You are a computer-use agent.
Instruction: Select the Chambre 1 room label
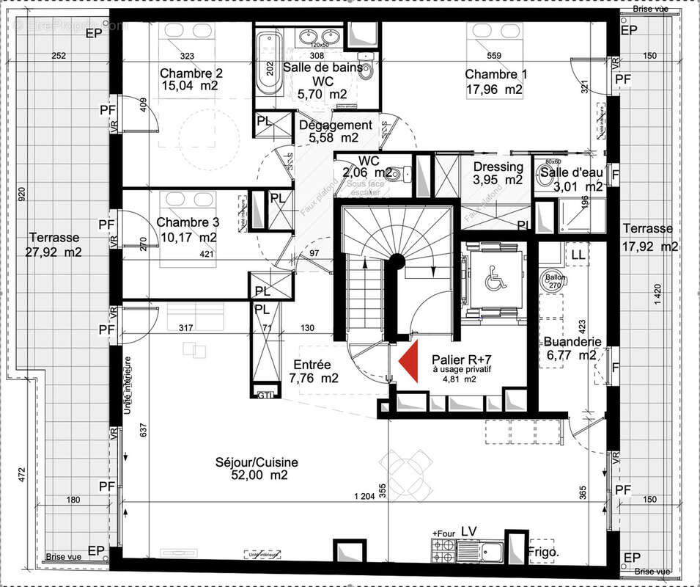[495, 74]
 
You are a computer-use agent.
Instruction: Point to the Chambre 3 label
[188, 222]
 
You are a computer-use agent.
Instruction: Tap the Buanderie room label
[572, 342]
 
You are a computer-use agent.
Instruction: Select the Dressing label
[498, 167]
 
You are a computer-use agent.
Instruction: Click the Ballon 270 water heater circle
[552, 280]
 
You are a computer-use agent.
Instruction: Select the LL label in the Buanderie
[578, 254]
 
